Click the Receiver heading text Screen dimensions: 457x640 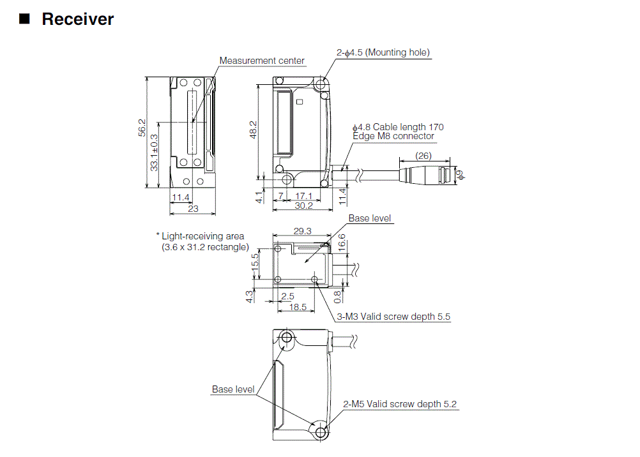[77, 19]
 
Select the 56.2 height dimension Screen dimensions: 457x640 [142, 128]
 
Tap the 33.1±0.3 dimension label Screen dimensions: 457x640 [155, 152]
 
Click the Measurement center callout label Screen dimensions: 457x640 [262, 61]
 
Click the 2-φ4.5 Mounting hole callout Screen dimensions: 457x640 [383, 52]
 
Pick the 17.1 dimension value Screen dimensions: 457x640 [305, 196]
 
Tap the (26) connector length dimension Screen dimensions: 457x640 [422, 156]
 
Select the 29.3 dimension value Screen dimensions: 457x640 [303, 231]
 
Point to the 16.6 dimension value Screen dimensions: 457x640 [342, 241]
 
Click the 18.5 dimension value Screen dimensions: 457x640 [298, 306]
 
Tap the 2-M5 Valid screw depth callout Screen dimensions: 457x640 [400, 404]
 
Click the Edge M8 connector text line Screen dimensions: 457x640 [393, 136]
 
